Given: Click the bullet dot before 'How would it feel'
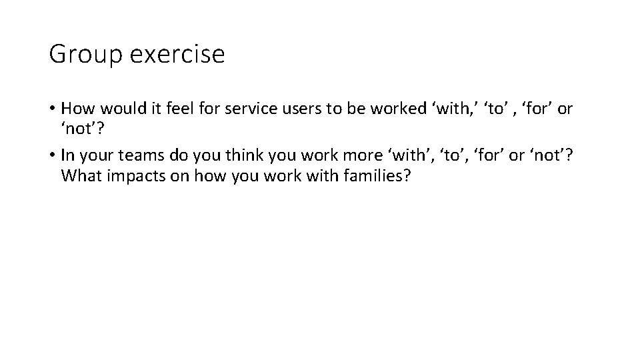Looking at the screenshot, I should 53,109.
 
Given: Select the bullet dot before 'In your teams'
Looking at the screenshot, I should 53,155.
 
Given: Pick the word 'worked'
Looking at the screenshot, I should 387,109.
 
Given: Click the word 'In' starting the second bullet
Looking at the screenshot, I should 67,155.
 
